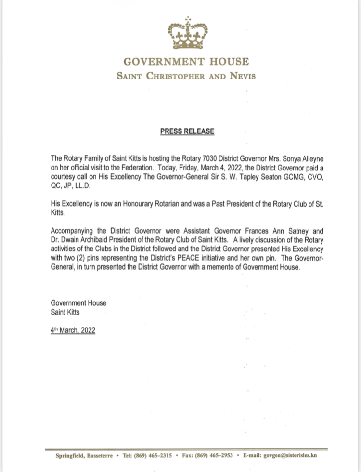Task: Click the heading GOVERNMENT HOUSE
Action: click(186, 62)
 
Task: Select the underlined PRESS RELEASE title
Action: click(187, 131)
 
